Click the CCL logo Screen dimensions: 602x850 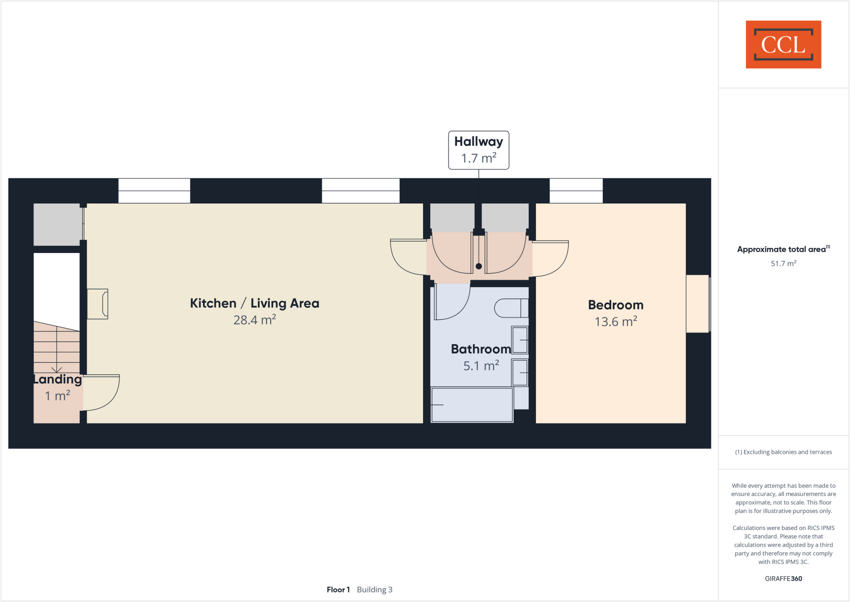[x=783, y=44]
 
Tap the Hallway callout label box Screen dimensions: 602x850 [x=479, y=150]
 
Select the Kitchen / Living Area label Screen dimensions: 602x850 [x=254, y=303]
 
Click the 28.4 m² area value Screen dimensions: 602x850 [x=254, y=320]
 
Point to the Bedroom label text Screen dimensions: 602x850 [x=616, y=305]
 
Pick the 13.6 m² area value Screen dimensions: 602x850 [x=616, y=322]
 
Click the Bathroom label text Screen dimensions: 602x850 [x=481, y=349]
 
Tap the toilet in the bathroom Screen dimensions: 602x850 [x=511, y=308]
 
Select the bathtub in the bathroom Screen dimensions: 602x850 [x=472, y=405]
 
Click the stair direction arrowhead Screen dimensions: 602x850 [x=56, y=369]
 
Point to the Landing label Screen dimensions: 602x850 [x=58, y=379]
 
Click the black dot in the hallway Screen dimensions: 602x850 [x=479, y=266]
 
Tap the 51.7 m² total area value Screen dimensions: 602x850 [x=783, y=263]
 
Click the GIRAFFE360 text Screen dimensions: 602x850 [x=783, y=578]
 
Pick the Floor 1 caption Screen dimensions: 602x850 [x=338, y=590]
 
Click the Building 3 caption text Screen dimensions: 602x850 [x=374, y=590]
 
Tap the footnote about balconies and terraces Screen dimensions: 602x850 [x=783, y=452]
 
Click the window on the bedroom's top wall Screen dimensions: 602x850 [x=576, y=191]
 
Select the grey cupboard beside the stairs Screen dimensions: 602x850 [x=57, y=224]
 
